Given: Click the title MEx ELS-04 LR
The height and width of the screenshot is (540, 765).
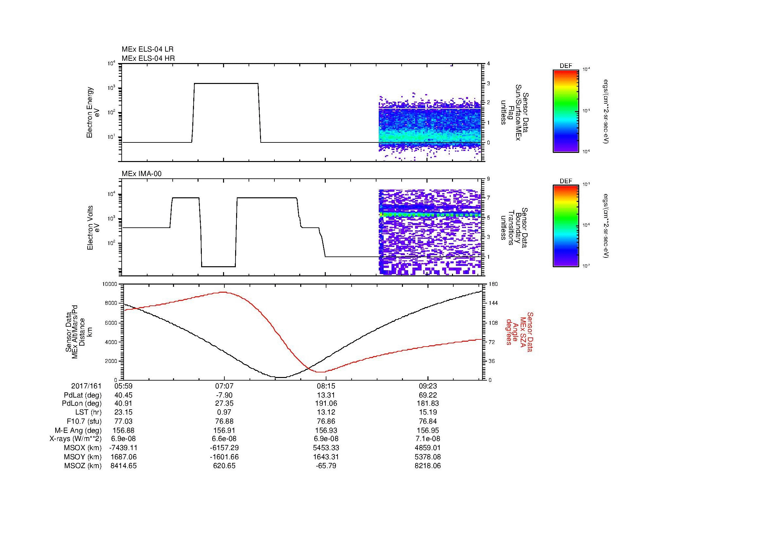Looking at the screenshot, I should (x=147, y=49).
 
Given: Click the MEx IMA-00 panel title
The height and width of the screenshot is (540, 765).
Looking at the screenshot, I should (x=141, y=174).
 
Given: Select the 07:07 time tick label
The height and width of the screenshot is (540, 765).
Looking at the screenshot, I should (x=224, y=386).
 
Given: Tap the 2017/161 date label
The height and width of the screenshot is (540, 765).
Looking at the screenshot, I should (x=86, y=386).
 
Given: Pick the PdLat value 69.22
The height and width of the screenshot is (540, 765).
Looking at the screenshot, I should (x=427, y=395).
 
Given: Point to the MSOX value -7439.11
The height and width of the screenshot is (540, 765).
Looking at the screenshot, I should (x=123, y=448).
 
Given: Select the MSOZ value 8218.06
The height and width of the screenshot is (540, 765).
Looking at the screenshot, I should (x=427, y=466).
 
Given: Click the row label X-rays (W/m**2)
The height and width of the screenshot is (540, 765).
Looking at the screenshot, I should (x=75, y=439).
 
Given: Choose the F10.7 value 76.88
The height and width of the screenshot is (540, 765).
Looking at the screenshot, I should (x=224, y=421).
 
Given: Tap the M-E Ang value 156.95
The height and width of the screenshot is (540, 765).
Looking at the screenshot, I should (x=427, y=430).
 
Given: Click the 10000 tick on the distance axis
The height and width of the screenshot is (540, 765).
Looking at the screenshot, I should (x=110, y=284).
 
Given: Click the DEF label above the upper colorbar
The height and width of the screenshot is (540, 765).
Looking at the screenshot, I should (x=566, y=66).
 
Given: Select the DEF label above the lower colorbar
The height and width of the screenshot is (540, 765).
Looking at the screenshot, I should (x=566, y=181).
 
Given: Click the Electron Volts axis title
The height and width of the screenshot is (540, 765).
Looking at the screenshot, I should (x=90, y=228).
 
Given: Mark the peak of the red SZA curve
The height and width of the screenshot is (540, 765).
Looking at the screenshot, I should (x=223, y=292).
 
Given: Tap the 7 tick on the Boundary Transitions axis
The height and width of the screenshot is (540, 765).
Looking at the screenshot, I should (x=488, y=198).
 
